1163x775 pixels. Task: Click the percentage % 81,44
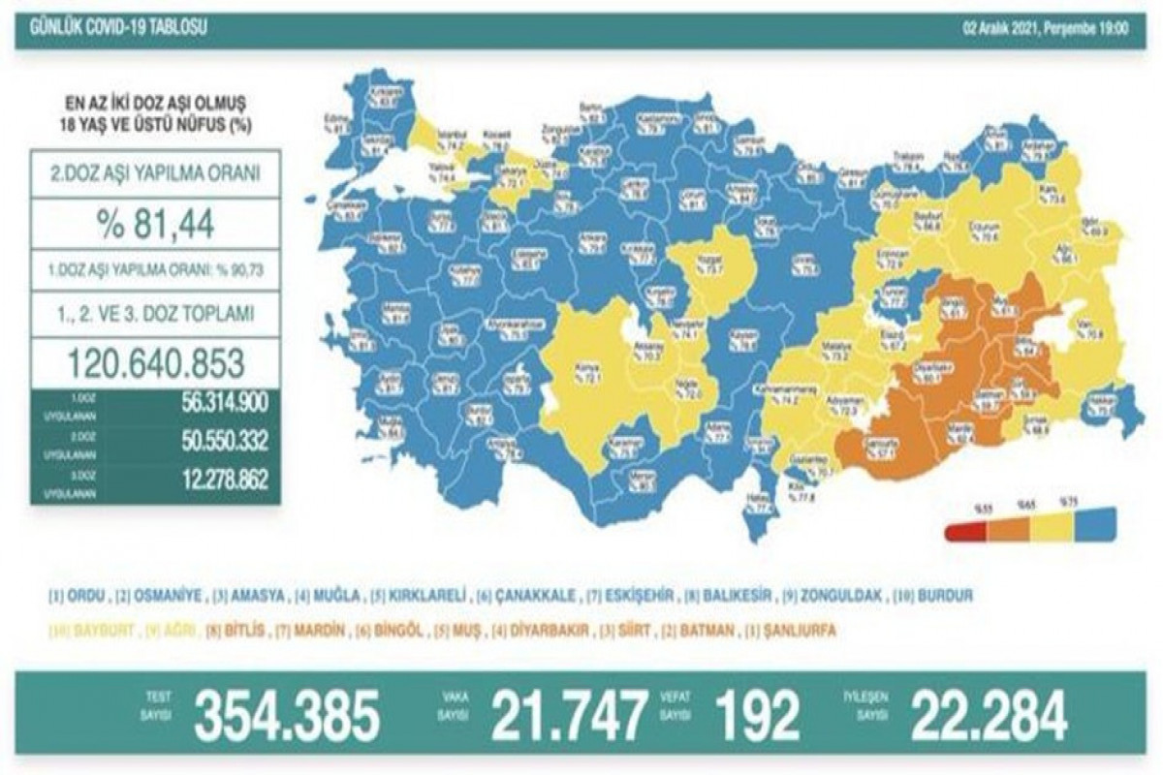pyautogui.click(x=155, y=226)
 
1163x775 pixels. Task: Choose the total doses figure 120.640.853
pyautogui.click(x=155, y=365)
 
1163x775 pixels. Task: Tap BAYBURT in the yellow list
pyautogui.click(x=79, y=631)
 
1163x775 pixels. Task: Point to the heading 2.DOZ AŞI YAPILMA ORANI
pyautogui.click(x=155, y=174)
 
